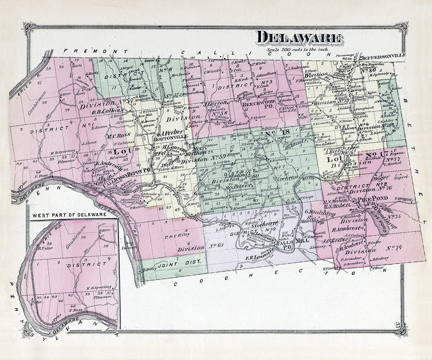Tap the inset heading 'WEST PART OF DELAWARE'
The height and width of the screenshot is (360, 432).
69,215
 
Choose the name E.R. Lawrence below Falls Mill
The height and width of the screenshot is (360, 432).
258,258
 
